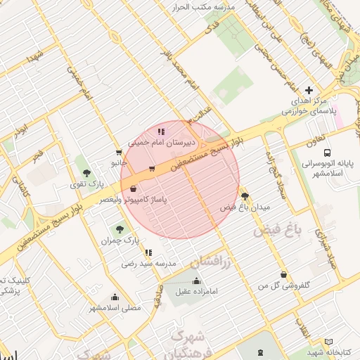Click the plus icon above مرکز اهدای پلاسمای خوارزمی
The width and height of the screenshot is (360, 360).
pyautogui.click(x=309, y=90)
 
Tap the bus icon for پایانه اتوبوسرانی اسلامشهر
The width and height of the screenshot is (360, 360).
pyautogui.click(x=328, y=153)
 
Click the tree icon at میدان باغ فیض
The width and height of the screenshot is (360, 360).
pyautogui.click(x=245, y=196)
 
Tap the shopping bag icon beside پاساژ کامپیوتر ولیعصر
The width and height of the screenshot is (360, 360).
pyautogui.click(x=134, y=188)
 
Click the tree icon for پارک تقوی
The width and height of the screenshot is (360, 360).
pyautogui.click(x=87, y=173)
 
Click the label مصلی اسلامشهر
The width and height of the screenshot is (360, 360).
pyautogui.click(x=114, y=308)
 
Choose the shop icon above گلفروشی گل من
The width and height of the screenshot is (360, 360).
pyautogui.click(x=283, y=274)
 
